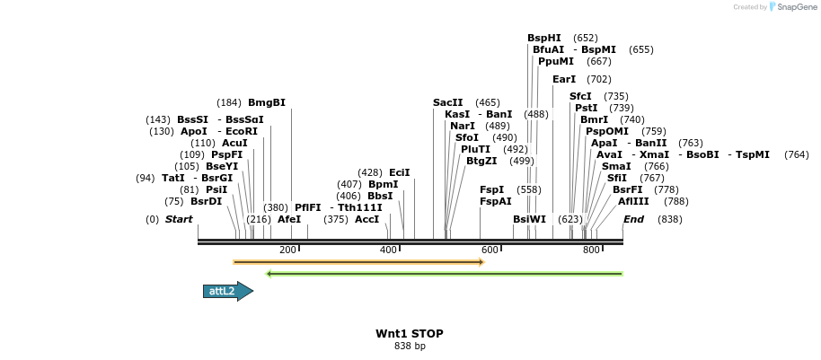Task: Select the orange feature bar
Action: tap(358, 262)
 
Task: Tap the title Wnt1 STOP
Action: tap(410, 333)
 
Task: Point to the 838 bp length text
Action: tap(410, 346)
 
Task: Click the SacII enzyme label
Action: tap(447, 102)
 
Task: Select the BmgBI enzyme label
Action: tap(267, 102)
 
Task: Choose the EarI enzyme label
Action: tap(564, 79)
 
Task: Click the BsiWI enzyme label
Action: tap(529, 219)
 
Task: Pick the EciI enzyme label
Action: tap(400, 172)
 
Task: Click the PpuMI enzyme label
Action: tap(556, 61)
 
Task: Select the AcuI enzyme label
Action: tap(234, 143)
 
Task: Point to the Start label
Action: tap(179, 219)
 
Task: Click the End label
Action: tap(633, 219)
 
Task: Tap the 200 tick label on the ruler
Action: tap(287, 250)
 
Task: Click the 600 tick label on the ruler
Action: tap(490, 250)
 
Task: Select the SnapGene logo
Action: tap(790, 7)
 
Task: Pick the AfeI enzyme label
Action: tap(289, 219)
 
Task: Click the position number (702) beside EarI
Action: tap(599, 79)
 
